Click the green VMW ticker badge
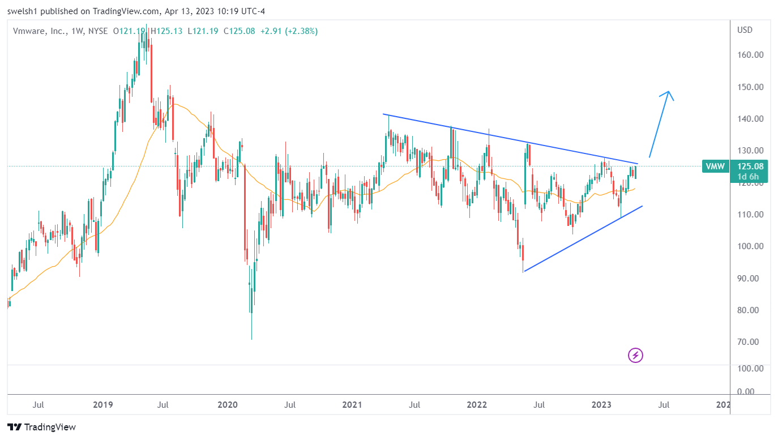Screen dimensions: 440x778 (x=714, y=166)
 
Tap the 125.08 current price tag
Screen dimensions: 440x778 (x=750, y=166)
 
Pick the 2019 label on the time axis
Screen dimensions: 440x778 (x=102, y=405)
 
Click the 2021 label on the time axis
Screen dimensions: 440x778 (x=352, y=405)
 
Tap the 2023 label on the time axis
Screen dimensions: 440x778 (x=601, y=405)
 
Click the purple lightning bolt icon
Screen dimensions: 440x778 (x=635, y=356)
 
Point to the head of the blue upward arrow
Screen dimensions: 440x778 (x=669, y=92)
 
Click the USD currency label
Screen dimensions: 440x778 (x=745, y=30)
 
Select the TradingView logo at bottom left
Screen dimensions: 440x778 (x=41, y=427)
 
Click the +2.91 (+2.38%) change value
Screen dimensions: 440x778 (x=289, y=31)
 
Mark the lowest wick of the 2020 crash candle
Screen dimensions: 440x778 (x=251, y=339)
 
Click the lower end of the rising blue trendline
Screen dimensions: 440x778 (x=524, y=271)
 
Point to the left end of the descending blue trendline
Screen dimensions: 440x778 (x=383, y=114)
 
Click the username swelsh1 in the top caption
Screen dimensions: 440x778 (x=20, y=11)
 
